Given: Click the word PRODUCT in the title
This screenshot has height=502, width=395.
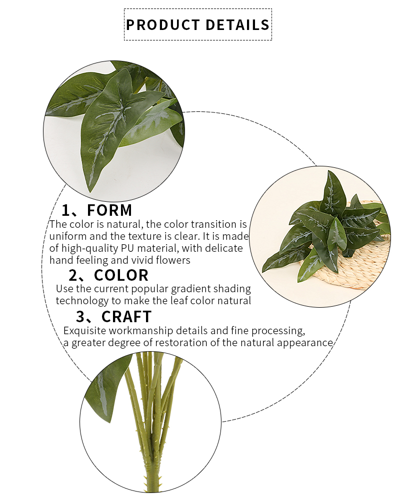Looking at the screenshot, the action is pyautogui.click(x=163, y=25).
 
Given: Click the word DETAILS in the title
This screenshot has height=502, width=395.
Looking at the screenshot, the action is pyautogui.click(x=237, y=25).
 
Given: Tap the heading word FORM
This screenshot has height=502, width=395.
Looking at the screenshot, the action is pyautogui.click(x=109, y=210).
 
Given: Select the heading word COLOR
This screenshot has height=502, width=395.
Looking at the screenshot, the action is pyautogui.click(x=121, y=275).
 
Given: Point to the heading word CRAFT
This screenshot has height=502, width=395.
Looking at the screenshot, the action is pyautogui.click(x=126, y=317).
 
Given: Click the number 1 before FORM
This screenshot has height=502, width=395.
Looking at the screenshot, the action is pyautogui.click(x=65, y=210).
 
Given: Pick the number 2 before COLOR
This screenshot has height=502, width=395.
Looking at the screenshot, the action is pyautogui.click(x=73, y=275).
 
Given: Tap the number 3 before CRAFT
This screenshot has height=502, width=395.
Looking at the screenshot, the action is pyautogui.click(x=80, y=317).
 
